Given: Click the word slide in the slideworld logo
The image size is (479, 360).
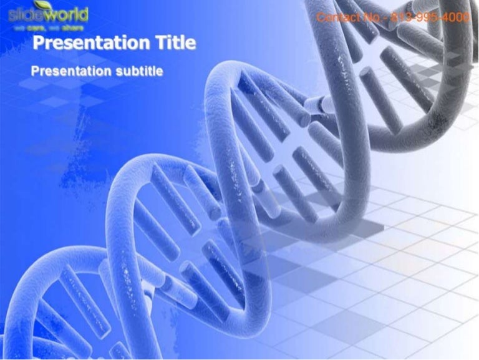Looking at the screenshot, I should pos(24,14).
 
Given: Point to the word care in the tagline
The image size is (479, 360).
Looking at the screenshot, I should pos(34,27).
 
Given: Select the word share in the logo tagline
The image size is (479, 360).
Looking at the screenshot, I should pos(73,27).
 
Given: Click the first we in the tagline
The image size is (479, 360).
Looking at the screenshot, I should pos(19,27).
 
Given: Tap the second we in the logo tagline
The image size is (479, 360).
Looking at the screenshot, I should pos(54,27).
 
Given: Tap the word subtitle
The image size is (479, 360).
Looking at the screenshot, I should pos(139,71).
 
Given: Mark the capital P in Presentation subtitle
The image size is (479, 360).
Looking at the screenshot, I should pos(35,71).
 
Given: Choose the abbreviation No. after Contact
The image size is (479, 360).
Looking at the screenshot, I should pos(369,17).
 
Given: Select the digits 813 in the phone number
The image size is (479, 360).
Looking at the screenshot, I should pos(399,17).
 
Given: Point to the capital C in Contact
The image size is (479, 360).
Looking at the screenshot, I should pos(321,17).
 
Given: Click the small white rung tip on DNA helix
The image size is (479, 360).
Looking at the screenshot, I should pos(327,105).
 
